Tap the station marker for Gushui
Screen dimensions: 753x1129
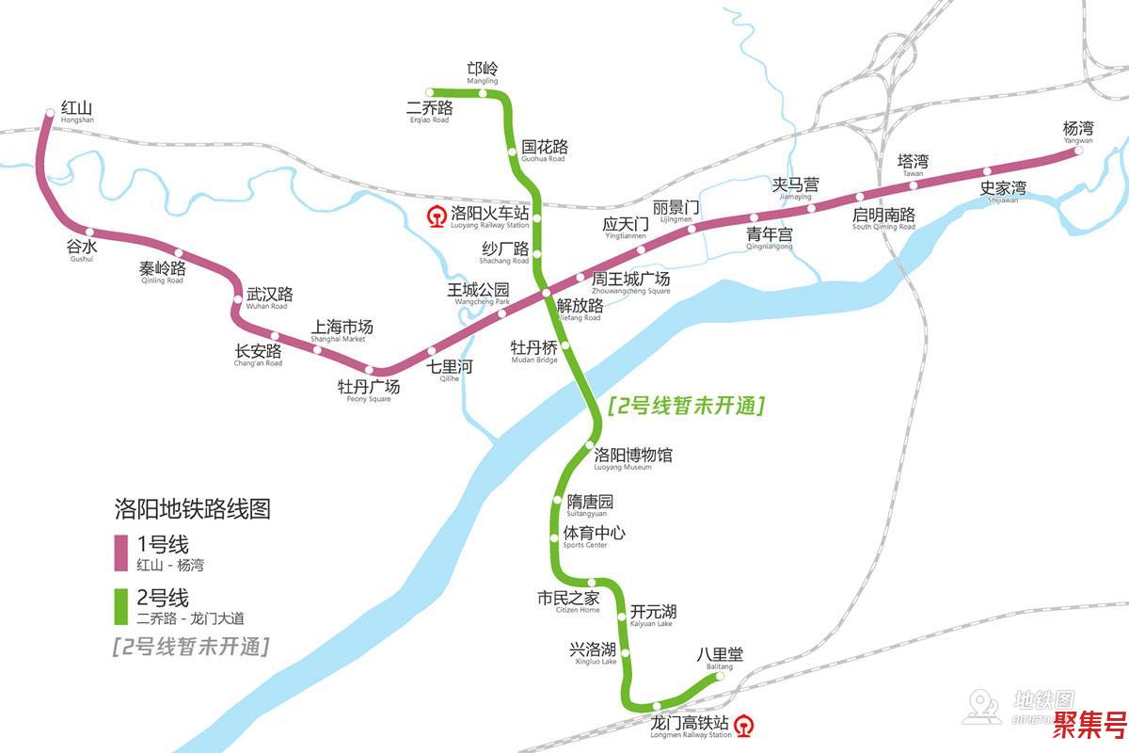coord(90,232)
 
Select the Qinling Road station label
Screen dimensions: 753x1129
coord(163,271)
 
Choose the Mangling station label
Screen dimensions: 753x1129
coord(483,72)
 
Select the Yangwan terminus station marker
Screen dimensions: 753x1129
coord(1079,151)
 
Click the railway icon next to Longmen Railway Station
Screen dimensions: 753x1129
coord(745,725)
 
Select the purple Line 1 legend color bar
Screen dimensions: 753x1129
coord(120,553)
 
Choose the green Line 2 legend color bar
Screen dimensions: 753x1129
coord(120,607)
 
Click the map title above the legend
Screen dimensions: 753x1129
coord(192,509)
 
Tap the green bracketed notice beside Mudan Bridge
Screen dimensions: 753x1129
coord(686,407)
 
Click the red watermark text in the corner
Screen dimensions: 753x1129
coord(1089,727)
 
